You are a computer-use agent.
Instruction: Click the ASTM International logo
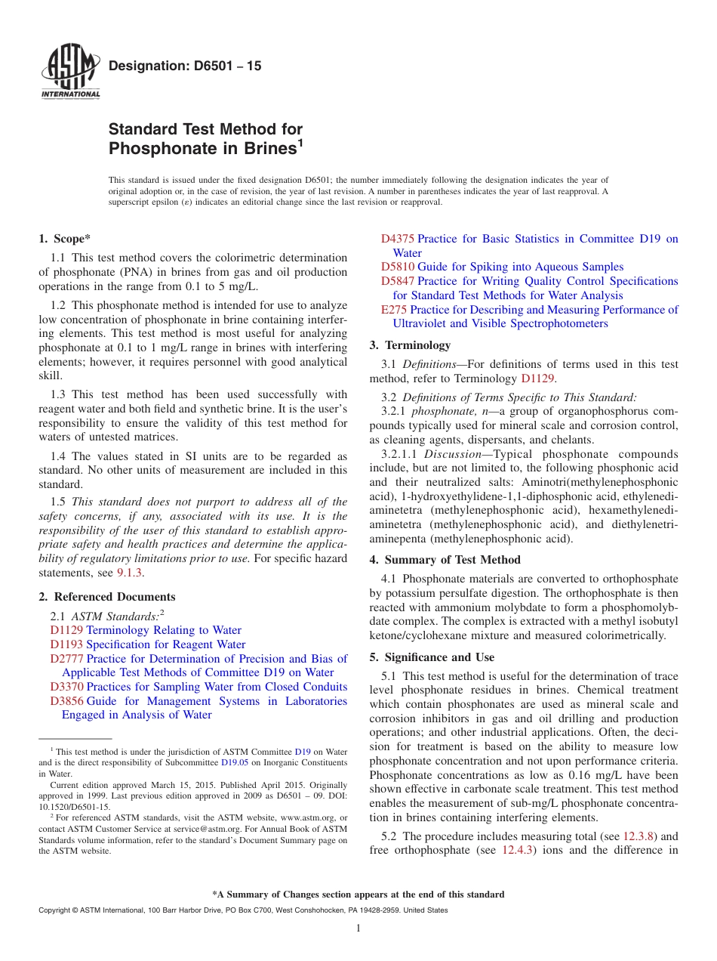coord(70,73)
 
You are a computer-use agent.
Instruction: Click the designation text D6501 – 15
coord(185,66)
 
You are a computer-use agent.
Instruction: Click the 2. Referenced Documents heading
coord(107,597)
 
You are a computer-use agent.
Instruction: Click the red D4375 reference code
coord(397,239)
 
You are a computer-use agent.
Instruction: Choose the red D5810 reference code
coord(397,267)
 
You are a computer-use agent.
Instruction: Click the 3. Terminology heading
coord(410,345)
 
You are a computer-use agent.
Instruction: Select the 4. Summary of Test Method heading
coord(445,560)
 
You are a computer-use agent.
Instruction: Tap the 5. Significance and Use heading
coord(432,657)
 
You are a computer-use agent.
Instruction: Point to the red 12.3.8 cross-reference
coord(639,836)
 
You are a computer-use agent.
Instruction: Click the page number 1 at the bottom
coord(358,929)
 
